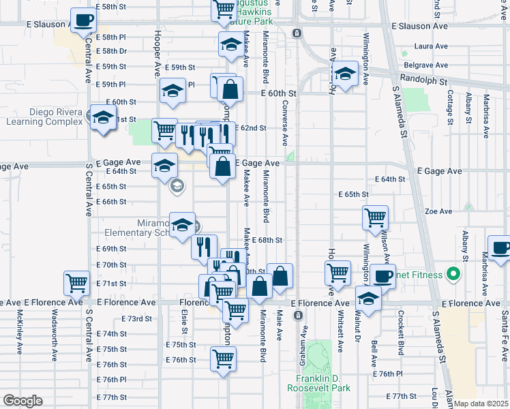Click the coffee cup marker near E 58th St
pos(83,21)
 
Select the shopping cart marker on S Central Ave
pos(76,282)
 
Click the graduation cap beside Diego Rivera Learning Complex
pos(103,118)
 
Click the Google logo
pos(22,401)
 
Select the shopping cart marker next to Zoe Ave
pos(375,218)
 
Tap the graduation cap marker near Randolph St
pos(346,74)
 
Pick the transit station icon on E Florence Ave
pos(297,316)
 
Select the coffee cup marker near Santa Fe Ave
pos(499,248)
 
